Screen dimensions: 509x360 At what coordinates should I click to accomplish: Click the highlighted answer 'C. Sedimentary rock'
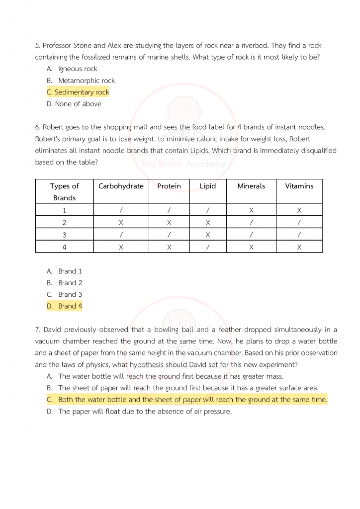78,92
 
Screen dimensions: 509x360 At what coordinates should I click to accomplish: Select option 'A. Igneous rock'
73,69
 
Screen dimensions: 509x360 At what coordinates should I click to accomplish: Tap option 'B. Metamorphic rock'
81,81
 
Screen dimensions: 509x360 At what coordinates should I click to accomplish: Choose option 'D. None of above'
74,104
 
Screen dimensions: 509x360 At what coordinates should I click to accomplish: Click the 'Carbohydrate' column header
121,186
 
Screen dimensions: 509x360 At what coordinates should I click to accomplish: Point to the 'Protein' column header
169,186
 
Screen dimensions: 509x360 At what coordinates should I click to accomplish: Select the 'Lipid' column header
208,186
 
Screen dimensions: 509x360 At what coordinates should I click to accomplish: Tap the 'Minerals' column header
251,186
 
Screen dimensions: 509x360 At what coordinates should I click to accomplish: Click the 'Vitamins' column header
299,186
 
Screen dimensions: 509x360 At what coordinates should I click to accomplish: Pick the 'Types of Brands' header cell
65,192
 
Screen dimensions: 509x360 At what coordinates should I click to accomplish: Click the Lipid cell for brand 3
208,235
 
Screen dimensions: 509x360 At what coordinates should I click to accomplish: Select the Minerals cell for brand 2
251,222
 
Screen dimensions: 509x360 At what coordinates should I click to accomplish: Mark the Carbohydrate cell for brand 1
121,210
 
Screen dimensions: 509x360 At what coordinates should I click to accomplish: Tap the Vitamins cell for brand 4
299,247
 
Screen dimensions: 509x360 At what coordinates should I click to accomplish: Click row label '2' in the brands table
65,222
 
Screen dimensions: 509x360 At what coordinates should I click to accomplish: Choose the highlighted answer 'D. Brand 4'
65,306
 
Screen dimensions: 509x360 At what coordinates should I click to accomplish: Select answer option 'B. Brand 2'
65,283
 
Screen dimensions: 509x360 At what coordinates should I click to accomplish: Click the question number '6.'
38,127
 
